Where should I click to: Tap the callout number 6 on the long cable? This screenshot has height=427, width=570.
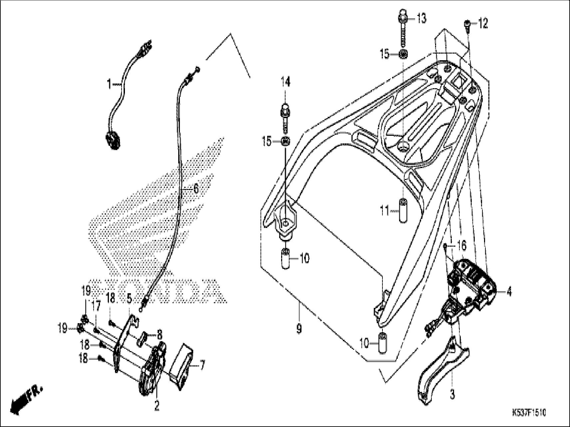point(196,189)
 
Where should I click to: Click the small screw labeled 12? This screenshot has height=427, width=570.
point(467,25)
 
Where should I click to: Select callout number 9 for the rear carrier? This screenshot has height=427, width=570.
point(299,329)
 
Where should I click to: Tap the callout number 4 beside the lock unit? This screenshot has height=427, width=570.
point(509,292)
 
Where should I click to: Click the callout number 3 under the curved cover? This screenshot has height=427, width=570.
point(452,395)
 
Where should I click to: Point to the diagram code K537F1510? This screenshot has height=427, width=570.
point(529,413)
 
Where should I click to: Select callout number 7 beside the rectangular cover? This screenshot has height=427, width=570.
point(202,366)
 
